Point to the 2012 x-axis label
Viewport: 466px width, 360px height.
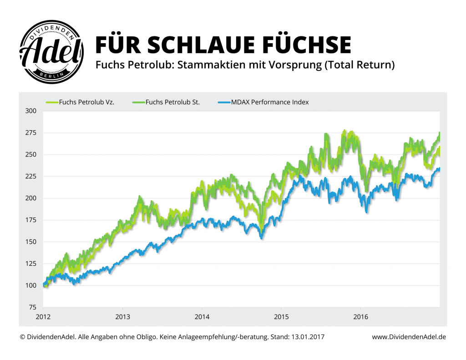43,316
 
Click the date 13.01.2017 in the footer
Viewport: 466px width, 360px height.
307,337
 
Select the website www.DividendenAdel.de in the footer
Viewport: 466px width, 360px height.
409,337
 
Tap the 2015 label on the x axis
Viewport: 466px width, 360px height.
281,316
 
